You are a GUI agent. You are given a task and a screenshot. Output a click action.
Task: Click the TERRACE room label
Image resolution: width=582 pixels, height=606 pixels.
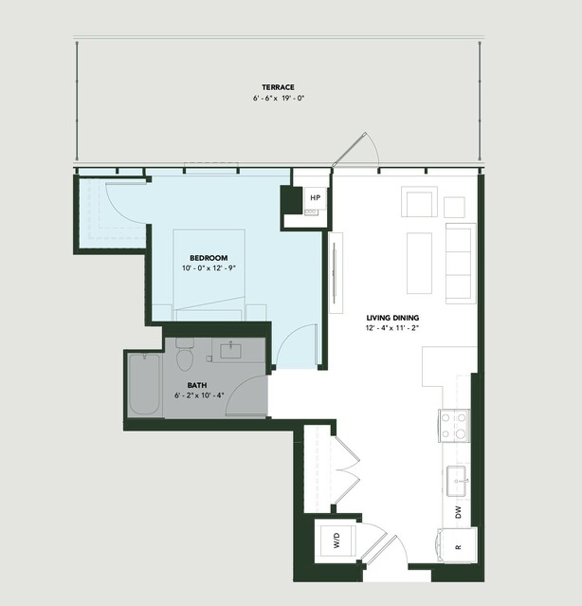(x=278, y=87)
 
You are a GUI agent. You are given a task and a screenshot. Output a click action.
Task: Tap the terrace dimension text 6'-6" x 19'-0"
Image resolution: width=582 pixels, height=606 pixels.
(x=279, y=99)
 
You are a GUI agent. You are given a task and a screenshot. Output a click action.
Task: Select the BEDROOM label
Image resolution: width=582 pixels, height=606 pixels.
(x=209, y=258)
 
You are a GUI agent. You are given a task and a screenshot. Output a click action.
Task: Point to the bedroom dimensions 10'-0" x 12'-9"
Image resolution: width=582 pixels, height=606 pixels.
(x=209, y=268)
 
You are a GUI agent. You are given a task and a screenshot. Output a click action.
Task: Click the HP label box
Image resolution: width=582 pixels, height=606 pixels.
(x=316, y=198)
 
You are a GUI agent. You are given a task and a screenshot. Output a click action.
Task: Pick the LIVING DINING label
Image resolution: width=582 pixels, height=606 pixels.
(x=392, y=318)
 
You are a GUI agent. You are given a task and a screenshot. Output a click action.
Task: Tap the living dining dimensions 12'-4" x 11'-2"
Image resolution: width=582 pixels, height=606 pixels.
(x=392, y=328)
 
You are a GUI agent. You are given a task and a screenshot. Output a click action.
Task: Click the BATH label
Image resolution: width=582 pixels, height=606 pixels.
(x=197, y=385)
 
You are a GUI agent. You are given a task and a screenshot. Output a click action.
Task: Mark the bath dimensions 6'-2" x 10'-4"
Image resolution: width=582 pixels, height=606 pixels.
(x=199, y=395)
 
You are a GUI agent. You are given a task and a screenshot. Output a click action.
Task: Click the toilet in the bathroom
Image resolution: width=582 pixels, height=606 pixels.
(x=185, y=355)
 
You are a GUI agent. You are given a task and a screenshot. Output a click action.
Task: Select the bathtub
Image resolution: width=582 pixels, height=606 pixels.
(x=144, y=384)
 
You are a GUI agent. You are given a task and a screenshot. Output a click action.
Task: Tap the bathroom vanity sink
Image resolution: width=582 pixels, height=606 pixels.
(x=230, y=351)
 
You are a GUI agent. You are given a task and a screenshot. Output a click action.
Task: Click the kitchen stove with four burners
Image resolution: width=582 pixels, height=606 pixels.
(x=454, y=426)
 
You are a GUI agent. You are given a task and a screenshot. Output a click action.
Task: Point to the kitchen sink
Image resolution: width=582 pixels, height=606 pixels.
(x=457, y=481)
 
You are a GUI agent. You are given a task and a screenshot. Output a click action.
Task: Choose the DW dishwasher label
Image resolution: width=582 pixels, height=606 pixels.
(x=459, y=512)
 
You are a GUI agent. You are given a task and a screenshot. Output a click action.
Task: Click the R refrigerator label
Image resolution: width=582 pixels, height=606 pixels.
(x=459, y=547)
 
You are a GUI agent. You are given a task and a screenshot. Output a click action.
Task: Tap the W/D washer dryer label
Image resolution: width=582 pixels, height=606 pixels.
(x=336, y=541)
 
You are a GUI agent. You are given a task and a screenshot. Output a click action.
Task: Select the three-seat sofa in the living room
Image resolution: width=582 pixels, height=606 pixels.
(x=461, y=264)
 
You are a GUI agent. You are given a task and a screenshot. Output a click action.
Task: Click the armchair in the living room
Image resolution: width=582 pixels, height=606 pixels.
(x=419, y=202)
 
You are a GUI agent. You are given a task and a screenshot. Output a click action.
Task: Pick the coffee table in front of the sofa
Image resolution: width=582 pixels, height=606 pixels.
(x=419, y=264)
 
